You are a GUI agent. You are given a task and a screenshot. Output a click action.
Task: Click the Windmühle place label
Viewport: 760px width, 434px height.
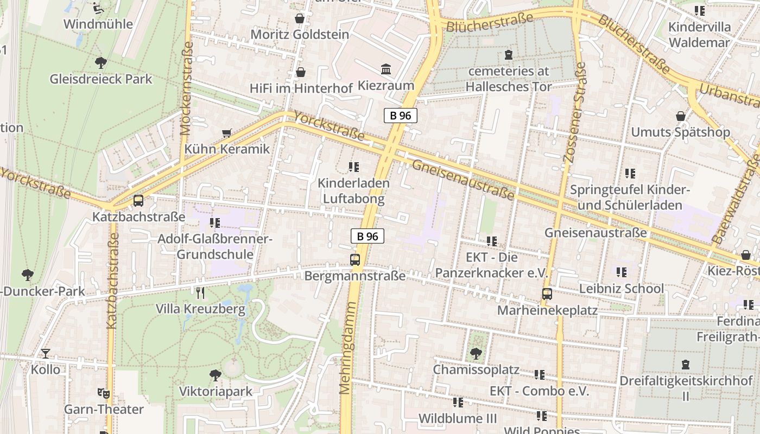(98, 24)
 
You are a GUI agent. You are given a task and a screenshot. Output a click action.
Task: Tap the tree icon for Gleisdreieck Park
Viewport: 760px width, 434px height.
(100, 63)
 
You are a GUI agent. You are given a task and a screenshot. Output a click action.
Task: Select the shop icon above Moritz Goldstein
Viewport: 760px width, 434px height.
(300, 19)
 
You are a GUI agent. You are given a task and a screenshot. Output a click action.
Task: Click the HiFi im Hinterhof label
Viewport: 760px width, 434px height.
(300, 88)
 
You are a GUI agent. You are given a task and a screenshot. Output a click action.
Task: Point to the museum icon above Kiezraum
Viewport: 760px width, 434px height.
(386, 69)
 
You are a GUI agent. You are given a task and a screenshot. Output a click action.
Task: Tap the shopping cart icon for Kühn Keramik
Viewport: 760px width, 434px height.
(227, 133)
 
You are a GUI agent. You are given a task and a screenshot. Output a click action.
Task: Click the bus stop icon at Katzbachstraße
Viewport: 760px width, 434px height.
(138, 201)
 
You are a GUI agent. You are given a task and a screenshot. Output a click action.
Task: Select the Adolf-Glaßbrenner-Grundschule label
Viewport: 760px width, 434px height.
(215, 247)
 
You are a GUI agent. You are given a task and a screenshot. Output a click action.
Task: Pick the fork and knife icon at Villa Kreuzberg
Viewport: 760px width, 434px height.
(200, 293)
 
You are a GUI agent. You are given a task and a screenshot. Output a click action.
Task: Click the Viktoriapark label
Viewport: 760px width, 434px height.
(216, 392)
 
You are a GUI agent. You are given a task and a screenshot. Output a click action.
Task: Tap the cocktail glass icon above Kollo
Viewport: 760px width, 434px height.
(46, 354)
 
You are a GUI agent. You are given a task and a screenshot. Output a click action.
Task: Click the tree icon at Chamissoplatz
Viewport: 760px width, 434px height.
(476, 354)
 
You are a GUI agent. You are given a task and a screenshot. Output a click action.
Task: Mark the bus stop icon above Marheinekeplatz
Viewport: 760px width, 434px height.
(547, 294)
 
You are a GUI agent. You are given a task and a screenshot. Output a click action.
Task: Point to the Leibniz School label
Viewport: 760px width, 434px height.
(621, 289)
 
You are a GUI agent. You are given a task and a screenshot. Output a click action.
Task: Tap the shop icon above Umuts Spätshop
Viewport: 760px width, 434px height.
(681, 116)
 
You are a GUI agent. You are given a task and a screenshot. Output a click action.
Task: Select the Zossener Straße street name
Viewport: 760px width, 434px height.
(575, 112)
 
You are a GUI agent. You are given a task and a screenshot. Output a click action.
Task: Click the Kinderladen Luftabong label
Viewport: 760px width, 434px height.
(353, 191)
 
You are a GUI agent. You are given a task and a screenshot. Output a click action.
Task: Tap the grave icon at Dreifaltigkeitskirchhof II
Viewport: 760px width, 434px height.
(686, 365)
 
